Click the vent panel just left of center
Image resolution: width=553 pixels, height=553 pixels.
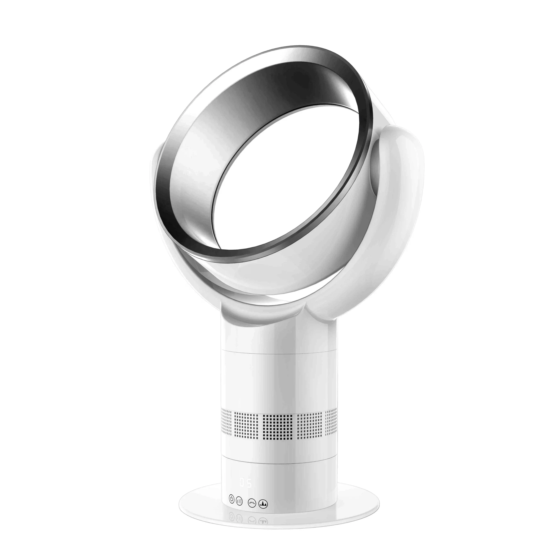246,424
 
